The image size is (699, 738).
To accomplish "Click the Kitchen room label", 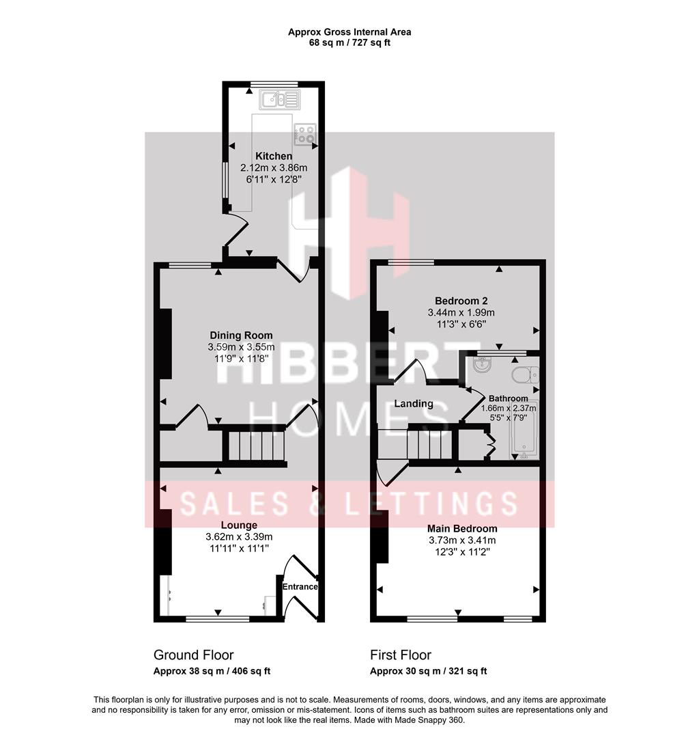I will (274, 156).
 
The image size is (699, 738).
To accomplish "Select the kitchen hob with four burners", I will (305, 135).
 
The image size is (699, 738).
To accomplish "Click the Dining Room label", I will (241, 336).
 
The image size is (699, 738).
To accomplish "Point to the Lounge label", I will (239, 525).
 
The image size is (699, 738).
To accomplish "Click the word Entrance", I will (300, 586).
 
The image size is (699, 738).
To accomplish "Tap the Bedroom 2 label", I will (461, 301).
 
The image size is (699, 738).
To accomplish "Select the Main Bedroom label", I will (462, 528).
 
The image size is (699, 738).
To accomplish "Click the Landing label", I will (414, 404).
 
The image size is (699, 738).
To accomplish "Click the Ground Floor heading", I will (193, 655).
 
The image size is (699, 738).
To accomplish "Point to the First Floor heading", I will (401, 655).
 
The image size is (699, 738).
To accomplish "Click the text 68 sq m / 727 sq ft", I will (349, 43).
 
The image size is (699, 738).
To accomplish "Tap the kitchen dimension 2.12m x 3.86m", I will (274, 167).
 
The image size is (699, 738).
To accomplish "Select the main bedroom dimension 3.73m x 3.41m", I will (462, 540).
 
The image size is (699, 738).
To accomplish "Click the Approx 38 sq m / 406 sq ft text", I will (212, 671).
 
